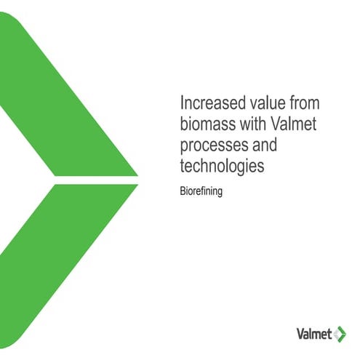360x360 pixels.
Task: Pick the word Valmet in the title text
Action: click(x=293, y=122)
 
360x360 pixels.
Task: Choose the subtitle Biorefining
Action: click(x=201, y=193)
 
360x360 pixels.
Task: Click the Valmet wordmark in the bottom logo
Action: click(x=314, y=335)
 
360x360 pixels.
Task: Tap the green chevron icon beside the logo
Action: click(x=340, y=335)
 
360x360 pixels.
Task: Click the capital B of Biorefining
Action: click(x=182, y=193)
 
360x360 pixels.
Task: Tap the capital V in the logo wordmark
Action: click(x=300, y=335)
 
